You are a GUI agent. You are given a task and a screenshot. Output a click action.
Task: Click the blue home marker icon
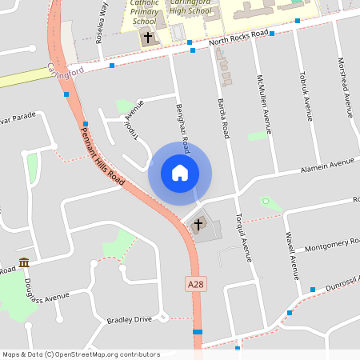pos(180,173)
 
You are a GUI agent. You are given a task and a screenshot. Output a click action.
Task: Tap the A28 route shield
pos(195,284)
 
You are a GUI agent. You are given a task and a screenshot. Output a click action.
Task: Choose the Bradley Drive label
pos(129,320)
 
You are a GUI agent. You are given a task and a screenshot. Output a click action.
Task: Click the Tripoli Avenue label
pos(133,121)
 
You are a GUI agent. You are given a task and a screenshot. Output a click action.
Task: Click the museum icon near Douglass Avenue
pos(24,262)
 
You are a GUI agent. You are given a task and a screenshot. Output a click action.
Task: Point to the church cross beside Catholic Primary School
pos(147,38)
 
